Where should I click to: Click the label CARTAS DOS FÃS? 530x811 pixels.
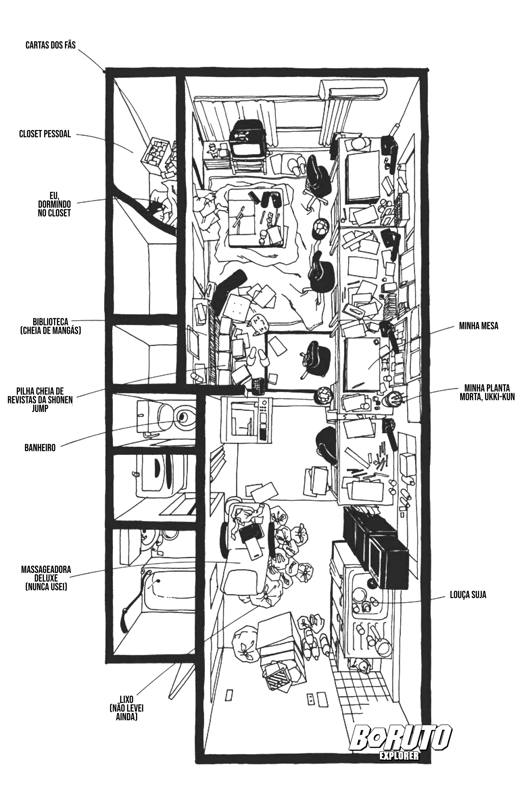coord(51,45)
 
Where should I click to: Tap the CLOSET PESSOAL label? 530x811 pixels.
coord(45,134)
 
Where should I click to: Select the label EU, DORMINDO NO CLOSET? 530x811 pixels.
coord(54,204)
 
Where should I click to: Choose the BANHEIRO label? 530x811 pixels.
coord(40,448)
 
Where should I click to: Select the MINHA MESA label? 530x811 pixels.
coord(478,326)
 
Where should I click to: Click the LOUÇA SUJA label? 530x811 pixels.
coord(468,595)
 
